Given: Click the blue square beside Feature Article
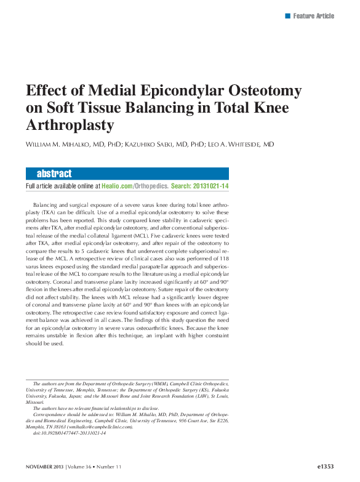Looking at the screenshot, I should [x=287, y=15].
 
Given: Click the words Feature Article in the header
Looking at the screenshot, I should [x=313, y=15].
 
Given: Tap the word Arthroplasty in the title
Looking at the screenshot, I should [x=70, y=126].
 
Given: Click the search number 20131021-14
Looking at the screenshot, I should [x=210, y=186].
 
